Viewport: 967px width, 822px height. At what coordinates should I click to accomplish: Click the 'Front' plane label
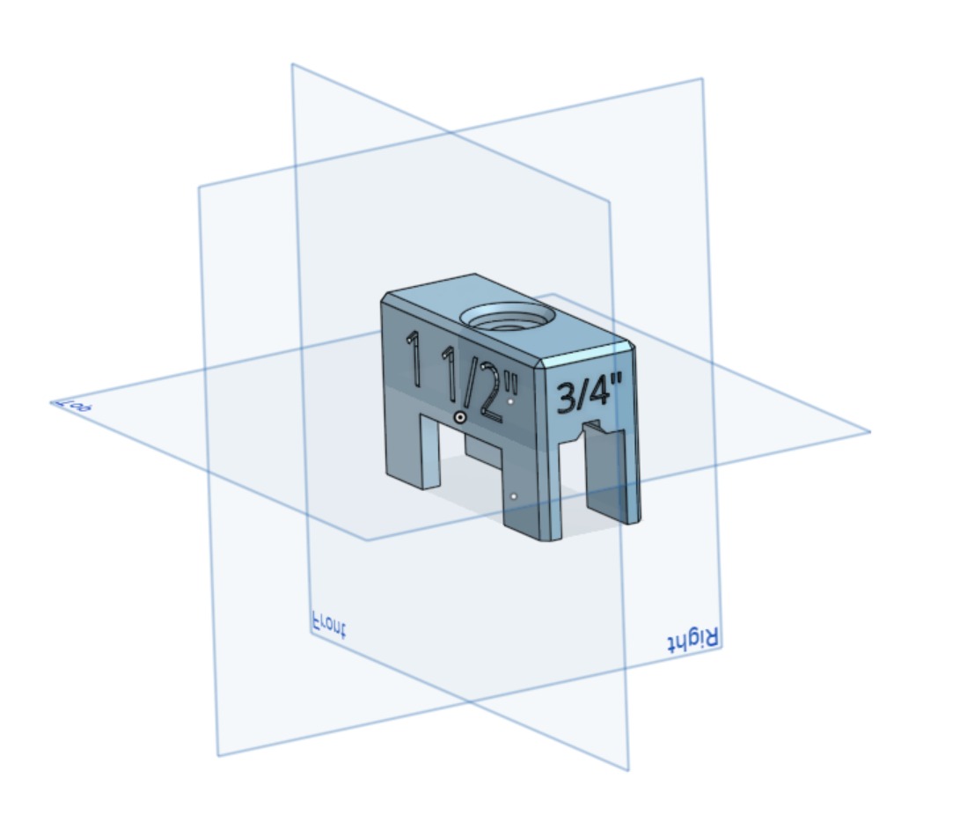(x=329, y=624)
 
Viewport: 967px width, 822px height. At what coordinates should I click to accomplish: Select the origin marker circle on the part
(x=459, y=416)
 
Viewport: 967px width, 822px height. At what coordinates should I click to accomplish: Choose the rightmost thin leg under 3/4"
(x=631, y=480)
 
